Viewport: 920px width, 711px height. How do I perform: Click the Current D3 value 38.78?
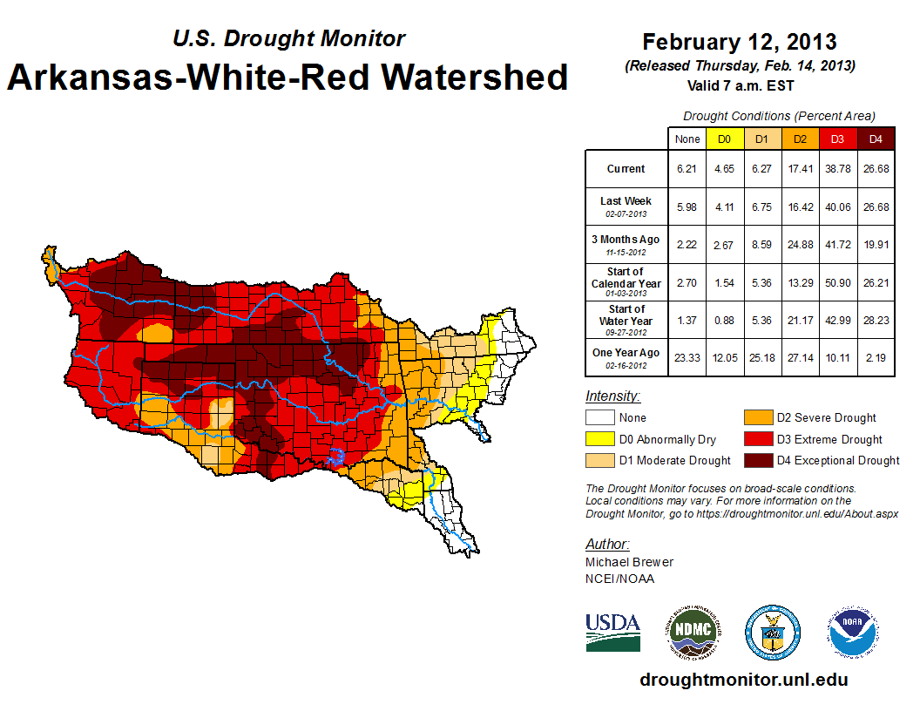click(837, 169)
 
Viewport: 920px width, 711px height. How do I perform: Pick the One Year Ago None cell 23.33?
click(687, 357)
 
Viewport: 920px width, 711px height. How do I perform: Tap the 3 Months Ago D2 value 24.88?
click(800, 244)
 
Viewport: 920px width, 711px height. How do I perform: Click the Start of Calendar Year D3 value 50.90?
click(837, 282)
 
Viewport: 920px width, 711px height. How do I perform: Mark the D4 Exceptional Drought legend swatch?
click(755, 460)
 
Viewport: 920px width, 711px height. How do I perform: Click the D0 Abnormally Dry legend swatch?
click(599, 439)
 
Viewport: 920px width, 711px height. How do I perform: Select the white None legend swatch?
click(599, 418)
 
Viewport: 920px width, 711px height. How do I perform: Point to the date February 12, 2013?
click(739, 42)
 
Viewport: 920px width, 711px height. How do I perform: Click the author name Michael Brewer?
click(629, 562)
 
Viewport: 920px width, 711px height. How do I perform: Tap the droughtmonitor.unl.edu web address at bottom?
click(743, 680)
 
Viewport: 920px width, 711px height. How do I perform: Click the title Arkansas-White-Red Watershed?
click(287, 78)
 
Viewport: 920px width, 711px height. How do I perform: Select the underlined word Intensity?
click(612, 396)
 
